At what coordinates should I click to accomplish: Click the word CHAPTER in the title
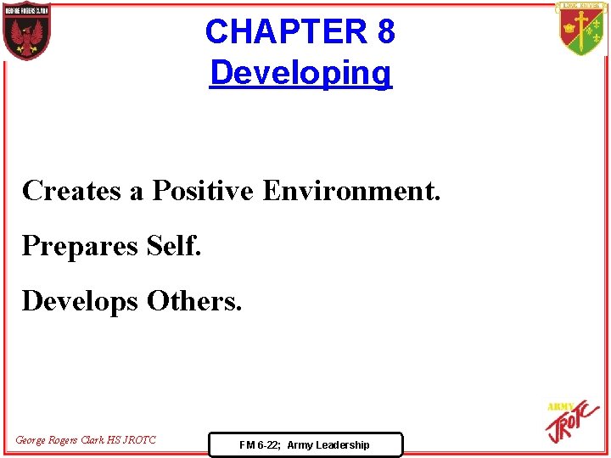coord(284,32)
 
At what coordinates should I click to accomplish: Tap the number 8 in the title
coord(385,32)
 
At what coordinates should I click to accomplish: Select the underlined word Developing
coord(300,73)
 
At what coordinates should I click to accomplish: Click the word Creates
coord(71,190)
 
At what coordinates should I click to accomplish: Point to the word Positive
coord(202,190)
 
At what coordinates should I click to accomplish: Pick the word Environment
coord(351,190)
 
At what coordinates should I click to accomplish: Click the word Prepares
coord(80,246)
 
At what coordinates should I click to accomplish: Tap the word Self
coord(174,245)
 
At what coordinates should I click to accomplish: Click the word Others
coord(194,300)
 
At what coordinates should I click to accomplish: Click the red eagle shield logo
coord(26,31)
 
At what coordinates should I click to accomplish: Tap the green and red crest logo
coord(581,28)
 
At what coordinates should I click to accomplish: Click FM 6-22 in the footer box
coord(260,444)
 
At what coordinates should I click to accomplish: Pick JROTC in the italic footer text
coord(139,439)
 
